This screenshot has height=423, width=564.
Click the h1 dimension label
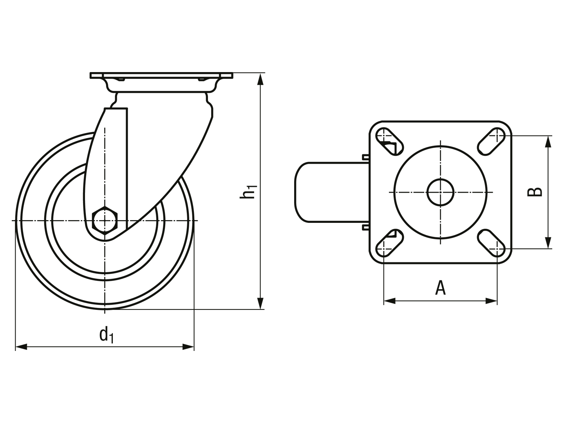coord(248,192)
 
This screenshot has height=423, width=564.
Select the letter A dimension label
coord(440,287)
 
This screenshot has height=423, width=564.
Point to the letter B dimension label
coord(535,192)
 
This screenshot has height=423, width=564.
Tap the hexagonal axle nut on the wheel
coord(105,221)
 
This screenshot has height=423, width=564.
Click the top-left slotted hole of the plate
coord(390,141)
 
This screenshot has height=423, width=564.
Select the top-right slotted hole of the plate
coord(491,141)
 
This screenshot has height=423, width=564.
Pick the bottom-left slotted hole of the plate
coord(390,243)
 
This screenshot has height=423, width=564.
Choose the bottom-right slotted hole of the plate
coord(491,243)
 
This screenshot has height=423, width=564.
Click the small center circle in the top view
coord(440,192)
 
